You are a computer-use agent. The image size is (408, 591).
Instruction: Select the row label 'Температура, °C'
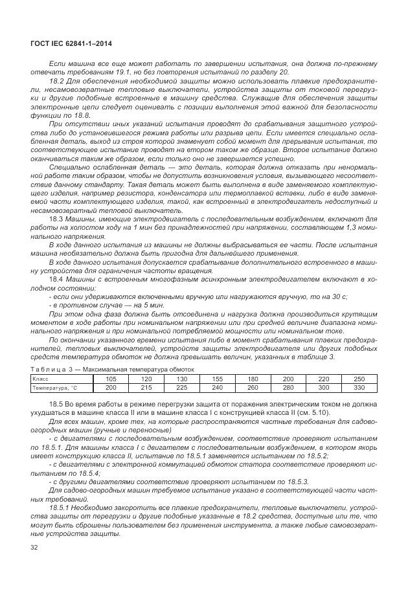(55, 387)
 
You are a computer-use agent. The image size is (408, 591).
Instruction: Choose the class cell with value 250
(359, 378)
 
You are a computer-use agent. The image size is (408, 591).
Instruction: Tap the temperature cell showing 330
(359, 387)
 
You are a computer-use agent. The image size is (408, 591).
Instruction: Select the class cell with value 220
(323, 378)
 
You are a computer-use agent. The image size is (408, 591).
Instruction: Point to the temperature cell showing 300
(323, 387)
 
